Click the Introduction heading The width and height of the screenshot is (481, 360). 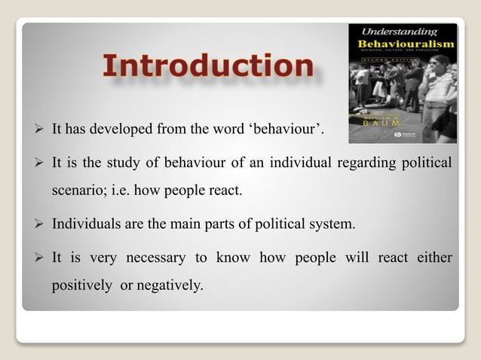[207, 66]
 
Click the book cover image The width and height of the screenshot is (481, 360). [402, 83]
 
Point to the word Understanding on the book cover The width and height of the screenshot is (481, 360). [400, 32]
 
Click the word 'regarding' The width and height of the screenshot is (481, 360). [368, 163]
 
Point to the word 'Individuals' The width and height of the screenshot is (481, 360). [84, 224]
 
